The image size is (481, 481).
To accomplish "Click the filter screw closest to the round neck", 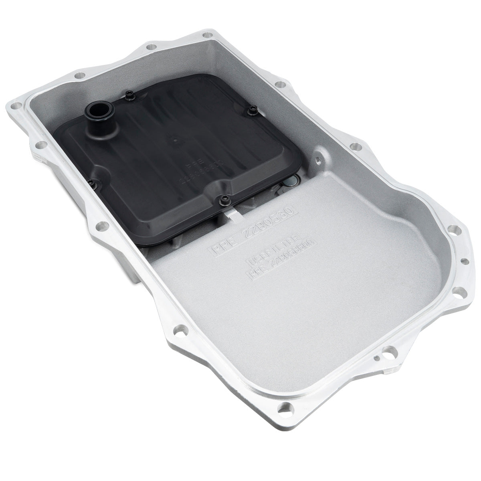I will tap(129, 95).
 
